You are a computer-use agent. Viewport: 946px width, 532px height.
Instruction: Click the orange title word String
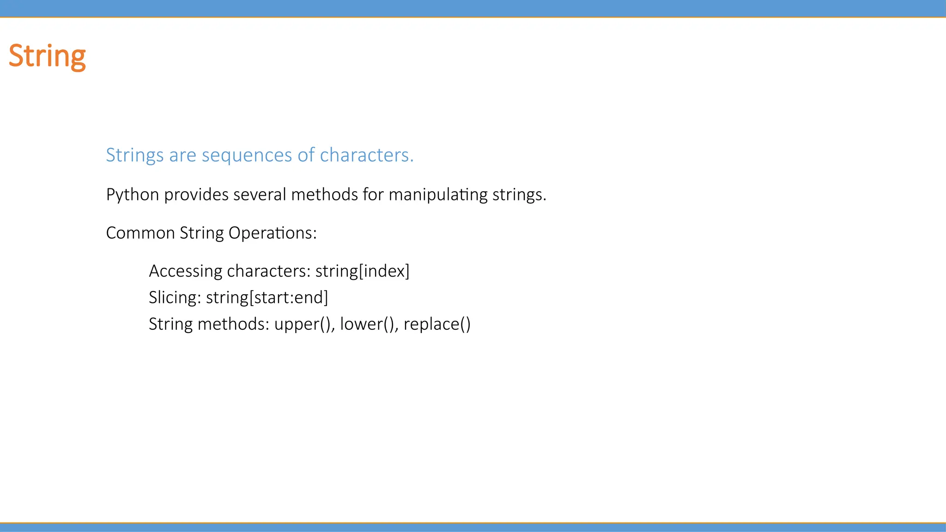click(x=47, y=56)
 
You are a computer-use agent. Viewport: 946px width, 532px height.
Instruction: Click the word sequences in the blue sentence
click(x=247, y=155)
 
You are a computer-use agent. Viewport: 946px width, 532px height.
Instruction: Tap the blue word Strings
click(x=134, y=155)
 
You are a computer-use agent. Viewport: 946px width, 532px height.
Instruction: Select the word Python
click(x=133, y=195)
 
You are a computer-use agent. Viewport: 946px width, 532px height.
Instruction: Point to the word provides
click(x=196, y=194)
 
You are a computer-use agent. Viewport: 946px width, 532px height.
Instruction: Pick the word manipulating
click(x=438, y=195)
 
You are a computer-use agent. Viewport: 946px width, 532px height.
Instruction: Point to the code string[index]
click(x=363, y=271)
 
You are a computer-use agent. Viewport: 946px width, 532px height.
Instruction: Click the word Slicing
click(x=174, y=298)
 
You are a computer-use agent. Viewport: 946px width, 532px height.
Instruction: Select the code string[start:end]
click(x=267, y=298)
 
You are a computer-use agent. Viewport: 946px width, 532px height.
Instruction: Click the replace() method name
click(x=437, y=324)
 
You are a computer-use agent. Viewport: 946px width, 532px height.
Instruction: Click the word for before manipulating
click(x=373, y=194)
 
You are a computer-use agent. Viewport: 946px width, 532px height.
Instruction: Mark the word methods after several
click(x=324, y=194)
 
